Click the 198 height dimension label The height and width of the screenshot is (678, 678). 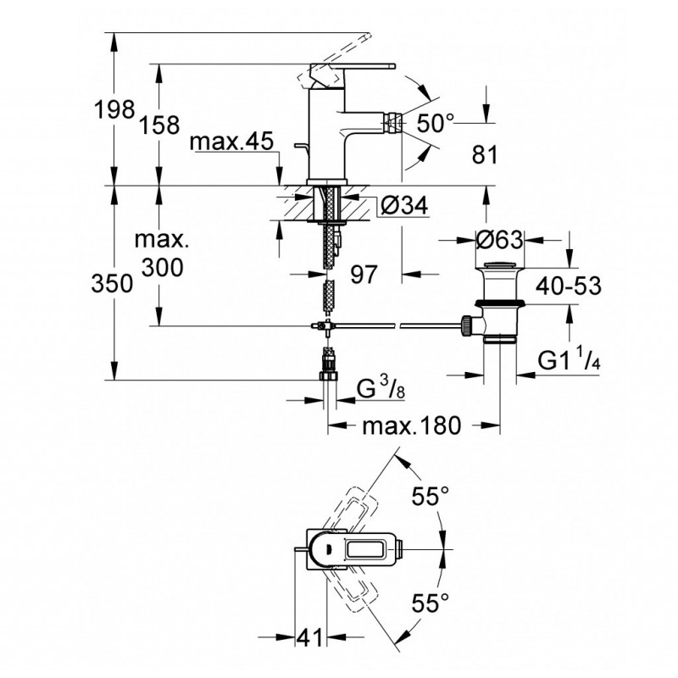[114, 109]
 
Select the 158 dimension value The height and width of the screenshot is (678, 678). [159, 125]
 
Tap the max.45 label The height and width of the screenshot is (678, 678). [231, 141]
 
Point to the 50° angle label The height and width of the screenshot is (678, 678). [436, 123]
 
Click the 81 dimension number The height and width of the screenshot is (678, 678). [485, 154]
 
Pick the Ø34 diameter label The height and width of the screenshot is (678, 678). [404, 205]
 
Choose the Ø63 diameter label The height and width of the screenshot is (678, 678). [499, 239]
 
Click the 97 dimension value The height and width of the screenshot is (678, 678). [364, 274]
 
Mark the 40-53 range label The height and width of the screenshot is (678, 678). [569, 286]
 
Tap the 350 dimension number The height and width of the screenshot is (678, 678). [112, 284]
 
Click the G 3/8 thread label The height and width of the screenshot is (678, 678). [381, 389]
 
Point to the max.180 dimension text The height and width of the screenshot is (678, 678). [412, 425]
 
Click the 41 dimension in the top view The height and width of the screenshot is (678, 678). [310, 637]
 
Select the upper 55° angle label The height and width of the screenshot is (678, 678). [431, 496]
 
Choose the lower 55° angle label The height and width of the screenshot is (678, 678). [431, 603]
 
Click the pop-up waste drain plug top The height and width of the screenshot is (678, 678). [499, 264]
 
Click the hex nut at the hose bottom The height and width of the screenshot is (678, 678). [329, 376]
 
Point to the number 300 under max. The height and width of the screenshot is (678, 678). [163, 268]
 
